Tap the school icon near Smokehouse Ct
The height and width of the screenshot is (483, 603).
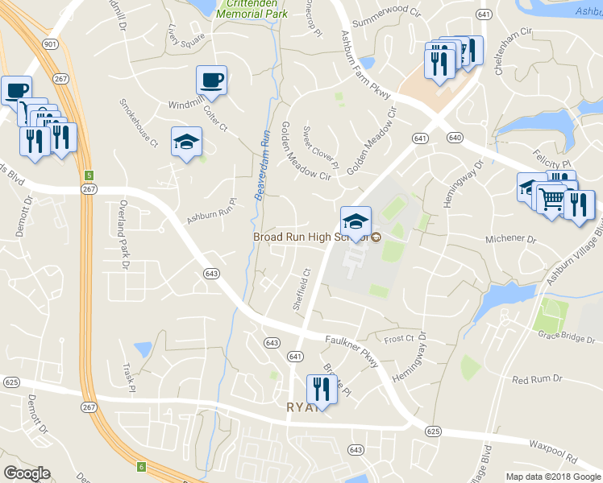(x=186, y=142)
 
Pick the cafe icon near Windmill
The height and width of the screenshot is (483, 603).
(x=211, y=80)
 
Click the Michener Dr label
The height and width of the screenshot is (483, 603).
(x=510, y=240)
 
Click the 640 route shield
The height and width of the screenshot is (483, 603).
(x=455, y=138)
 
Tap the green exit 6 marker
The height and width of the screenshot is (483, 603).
(x=140, y=466)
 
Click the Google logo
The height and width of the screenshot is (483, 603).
(x=27, y=473)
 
